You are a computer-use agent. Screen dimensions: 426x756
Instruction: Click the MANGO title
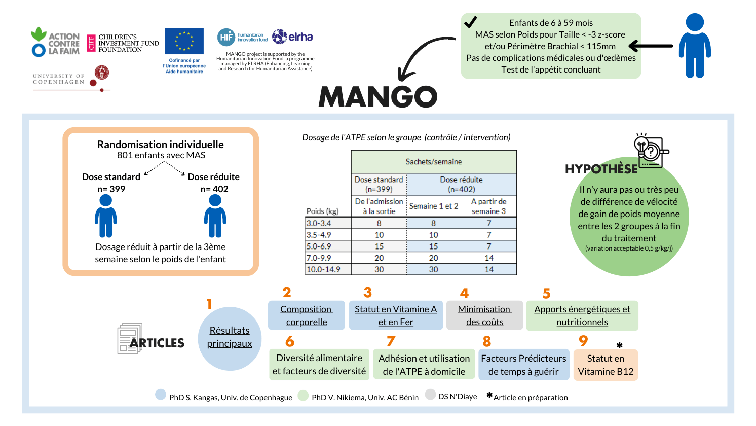point(377,96)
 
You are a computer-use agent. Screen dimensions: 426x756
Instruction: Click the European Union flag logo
point(184,41)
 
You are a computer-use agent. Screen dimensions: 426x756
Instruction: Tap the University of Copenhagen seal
point(102,73)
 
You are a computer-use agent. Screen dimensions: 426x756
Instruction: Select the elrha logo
point(293,37)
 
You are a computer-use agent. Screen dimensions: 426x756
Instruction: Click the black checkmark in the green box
point(470,22)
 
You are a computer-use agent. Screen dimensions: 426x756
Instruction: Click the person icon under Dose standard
point(105,216)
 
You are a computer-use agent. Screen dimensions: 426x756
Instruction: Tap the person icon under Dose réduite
point(215,216)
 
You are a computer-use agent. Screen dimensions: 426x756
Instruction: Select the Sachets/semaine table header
point(434,162)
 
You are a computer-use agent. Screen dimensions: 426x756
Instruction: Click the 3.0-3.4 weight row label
point(319,223)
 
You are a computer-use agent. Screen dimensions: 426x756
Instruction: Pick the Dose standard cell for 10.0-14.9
point(379,269)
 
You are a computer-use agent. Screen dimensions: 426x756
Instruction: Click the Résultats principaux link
point(230,337)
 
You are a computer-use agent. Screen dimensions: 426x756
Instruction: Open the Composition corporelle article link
point(307,315)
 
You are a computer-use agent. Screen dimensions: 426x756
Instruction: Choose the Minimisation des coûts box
point(484,315)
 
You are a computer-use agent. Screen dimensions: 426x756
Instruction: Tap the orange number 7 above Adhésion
point(391,341)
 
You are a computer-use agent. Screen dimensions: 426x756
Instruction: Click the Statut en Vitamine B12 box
point(606,365)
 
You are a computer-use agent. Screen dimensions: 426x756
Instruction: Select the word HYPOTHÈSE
point(601,169)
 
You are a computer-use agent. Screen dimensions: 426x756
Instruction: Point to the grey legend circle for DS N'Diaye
point(431,395)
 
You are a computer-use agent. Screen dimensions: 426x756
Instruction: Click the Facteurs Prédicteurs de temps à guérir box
point(523,365)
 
